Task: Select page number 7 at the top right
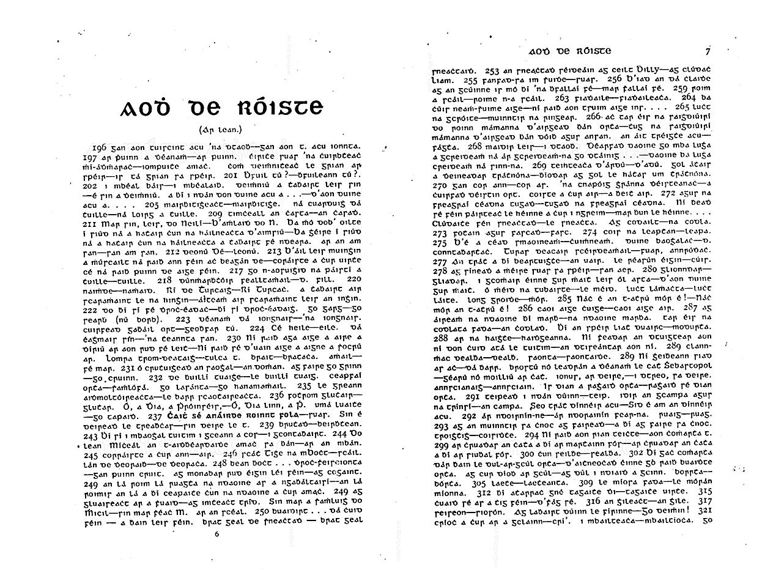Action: [x=707, y=51]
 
